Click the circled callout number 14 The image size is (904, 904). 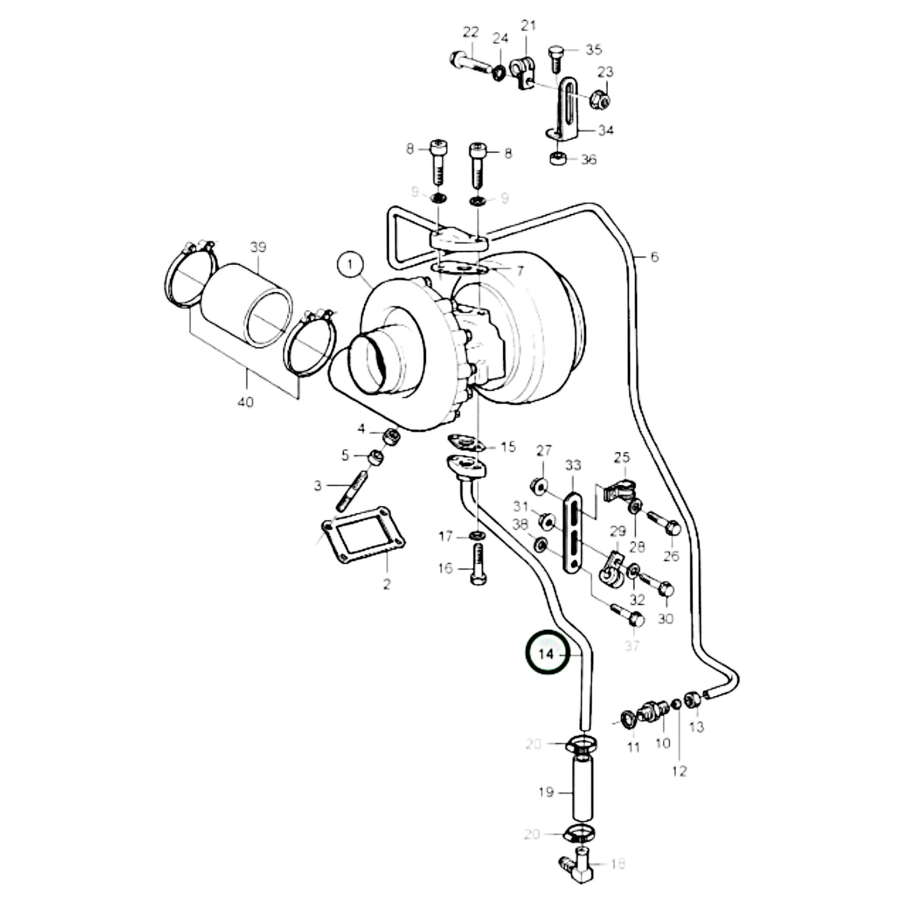point(546,654)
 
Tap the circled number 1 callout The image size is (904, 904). point(350,265)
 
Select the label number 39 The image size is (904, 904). point(258,247)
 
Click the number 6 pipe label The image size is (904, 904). point(654,256)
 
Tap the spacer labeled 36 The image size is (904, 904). point(558,158)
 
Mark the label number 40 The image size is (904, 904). point(246,402)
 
